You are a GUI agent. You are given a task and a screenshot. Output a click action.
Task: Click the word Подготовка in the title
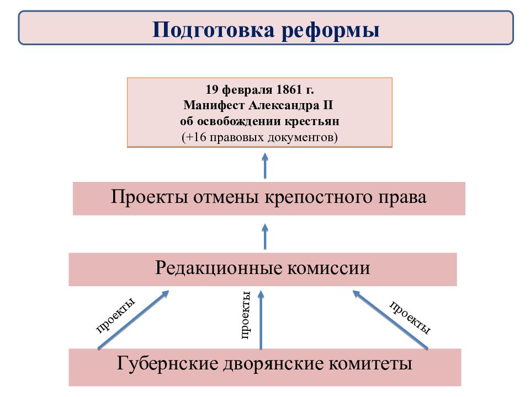pos(214,30)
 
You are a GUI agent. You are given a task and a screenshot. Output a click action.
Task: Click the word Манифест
pos(214,105)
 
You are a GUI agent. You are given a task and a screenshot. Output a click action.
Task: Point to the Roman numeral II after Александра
pos(328,105)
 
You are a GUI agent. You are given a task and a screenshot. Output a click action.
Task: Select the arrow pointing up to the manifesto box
pos(265,166)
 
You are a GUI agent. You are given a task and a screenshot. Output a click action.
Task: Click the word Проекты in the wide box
pos(149,197)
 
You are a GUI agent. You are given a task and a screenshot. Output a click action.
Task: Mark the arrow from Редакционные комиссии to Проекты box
pos(265,237)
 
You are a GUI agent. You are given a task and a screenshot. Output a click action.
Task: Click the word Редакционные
pos(219,269)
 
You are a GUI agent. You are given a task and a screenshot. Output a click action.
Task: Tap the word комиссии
pos(329,268)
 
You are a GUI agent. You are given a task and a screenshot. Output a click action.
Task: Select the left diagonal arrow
pos(133,320)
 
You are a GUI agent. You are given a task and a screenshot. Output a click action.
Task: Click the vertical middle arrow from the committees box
pos(261,320)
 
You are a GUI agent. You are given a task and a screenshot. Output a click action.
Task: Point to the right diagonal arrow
pos(390,320)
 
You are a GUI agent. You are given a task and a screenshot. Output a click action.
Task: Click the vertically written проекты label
pos(246,315)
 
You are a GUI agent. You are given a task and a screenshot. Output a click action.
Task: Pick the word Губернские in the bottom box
pos(167,364)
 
